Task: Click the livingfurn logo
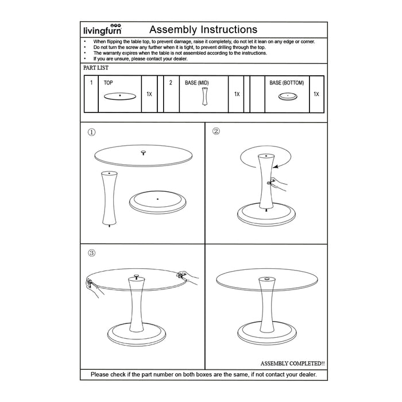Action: point(102,30)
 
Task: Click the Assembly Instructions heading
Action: point(203,29)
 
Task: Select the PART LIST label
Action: point(96,68)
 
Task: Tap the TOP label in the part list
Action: point(109,83)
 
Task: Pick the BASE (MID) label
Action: point(196,83)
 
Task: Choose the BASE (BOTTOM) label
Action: point(287,83)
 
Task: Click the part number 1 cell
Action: point(91,83)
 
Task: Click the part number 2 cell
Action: point(171,83)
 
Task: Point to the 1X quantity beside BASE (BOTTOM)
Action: point(316,94)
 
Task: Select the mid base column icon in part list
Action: point(204,97)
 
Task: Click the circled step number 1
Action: point(91,132)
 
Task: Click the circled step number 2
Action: point(216,131)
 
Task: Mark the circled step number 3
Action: point(91,253)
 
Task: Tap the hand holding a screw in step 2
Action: point(279,184)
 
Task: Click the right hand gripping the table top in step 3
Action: point(188,276)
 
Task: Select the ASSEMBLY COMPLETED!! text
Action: point(292,364)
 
